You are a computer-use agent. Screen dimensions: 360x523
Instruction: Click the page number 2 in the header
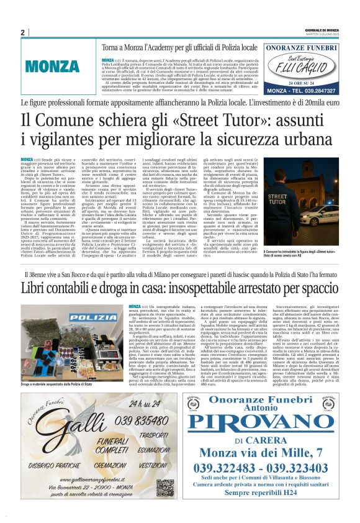tap(22, 32)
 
